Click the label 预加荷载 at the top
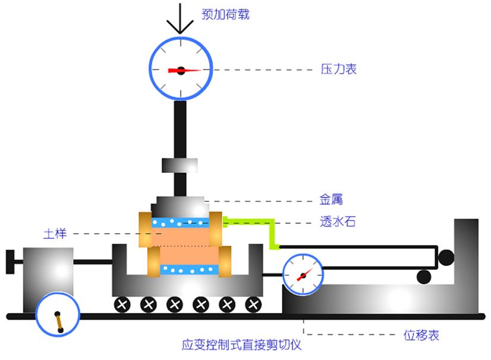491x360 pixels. [x=225, y=14]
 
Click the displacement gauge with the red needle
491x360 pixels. [x=303, y=274]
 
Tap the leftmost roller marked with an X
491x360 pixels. [x=122, y=305]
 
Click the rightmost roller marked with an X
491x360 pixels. [x=254, y=305]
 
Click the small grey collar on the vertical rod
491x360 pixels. [x=180, y=165]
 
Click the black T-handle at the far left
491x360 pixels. [x=10, y=262]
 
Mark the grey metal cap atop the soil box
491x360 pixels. [x=180, y=206]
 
